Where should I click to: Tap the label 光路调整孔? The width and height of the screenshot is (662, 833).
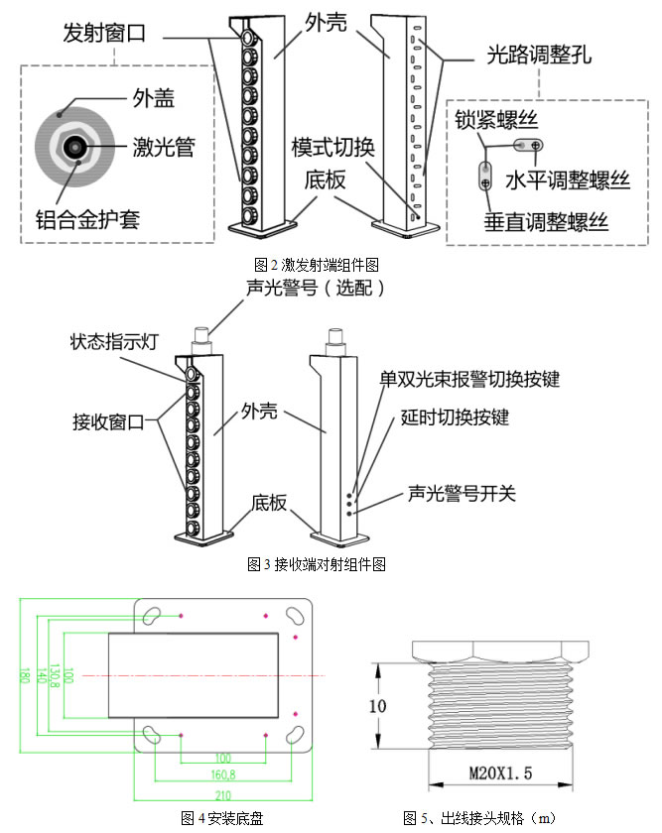pyautogui.click(x=540, y=54)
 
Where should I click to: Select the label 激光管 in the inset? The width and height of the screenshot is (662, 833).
pyautogui.click(x=163, y=148)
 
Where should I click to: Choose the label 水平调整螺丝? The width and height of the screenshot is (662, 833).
pyautogui.click(x=568, y=180)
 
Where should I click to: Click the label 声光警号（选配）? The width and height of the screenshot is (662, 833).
pyautogui.click(x=315, y=288)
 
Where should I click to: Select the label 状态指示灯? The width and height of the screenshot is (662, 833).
pyautogui.click(x=115, y=343)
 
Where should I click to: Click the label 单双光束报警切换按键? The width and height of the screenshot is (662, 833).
pyautogui.click(x=470, y=380)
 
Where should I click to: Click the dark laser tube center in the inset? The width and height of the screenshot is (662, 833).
pyautogui.click(x=72, y=148)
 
